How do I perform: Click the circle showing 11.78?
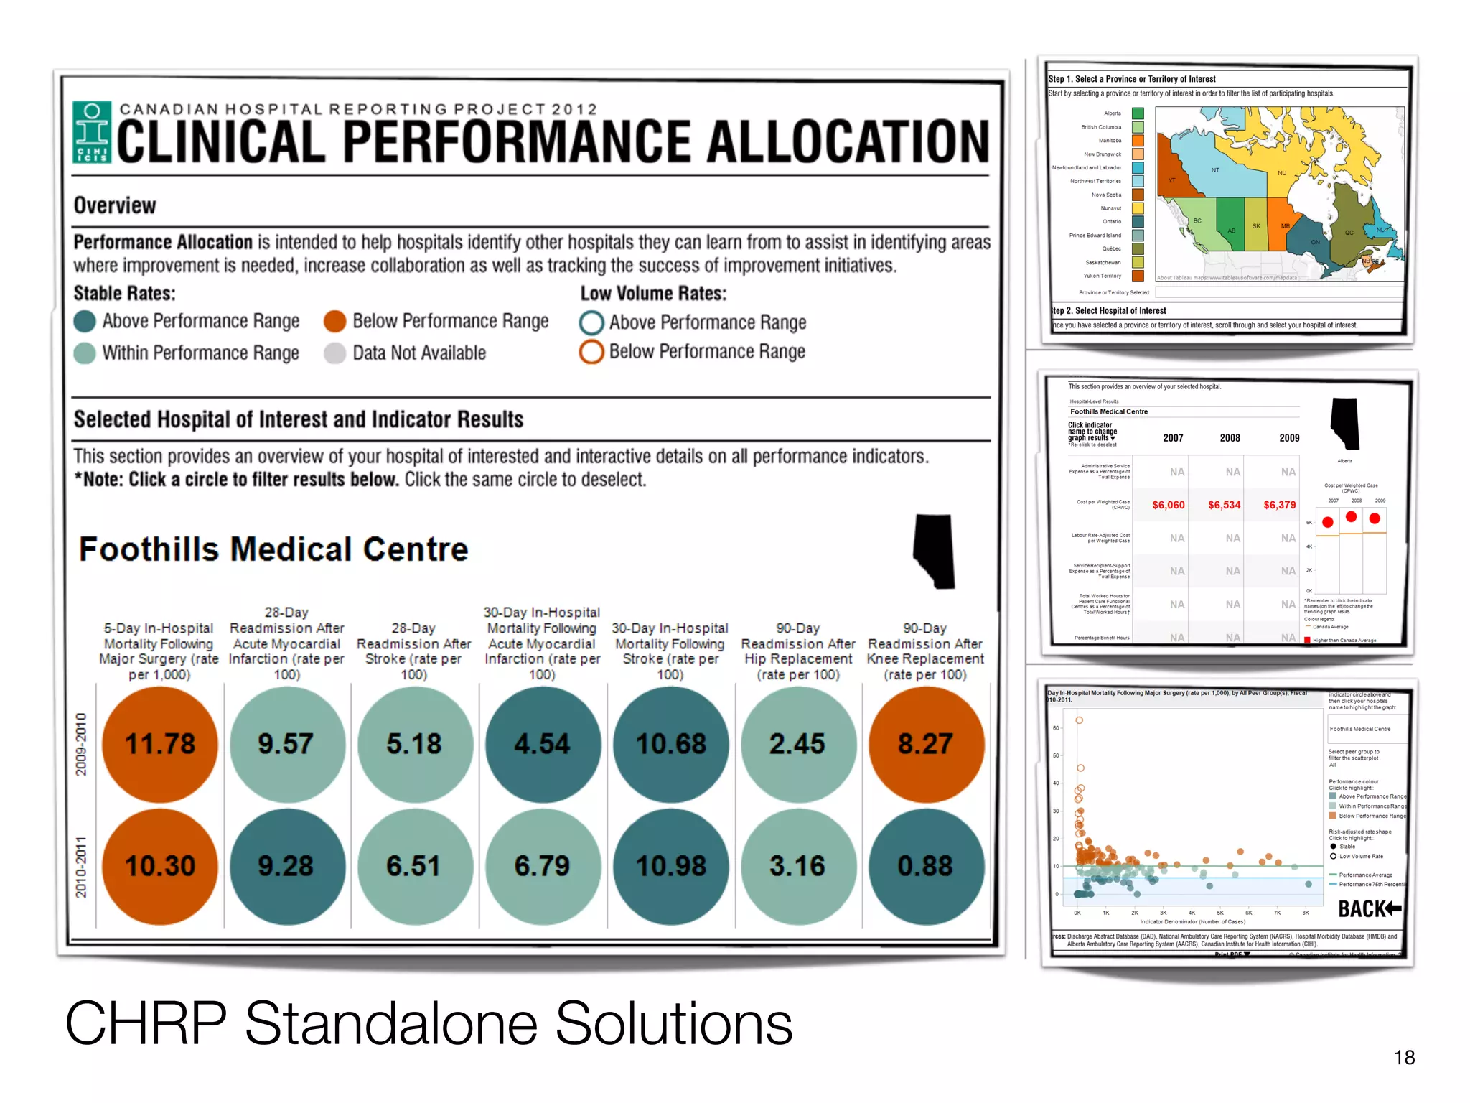[159, 744]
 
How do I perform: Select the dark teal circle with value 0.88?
[925, 866]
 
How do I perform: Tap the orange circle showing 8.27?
[925, 744]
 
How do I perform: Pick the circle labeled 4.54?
[542, 744]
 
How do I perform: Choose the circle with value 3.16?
[797, 866]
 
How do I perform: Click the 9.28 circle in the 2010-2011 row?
[286, 866]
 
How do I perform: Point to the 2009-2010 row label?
[81, 744]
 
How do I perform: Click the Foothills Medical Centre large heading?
[273, 549]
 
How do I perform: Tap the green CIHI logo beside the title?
[93, 132]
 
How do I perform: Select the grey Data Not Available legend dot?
[335, 353]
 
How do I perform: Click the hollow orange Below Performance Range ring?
[591, 352]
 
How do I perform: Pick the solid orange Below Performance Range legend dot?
[335, 321]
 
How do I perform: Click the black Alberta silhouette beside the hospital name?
[935, 551]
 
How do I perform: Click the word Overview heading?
[115, 205]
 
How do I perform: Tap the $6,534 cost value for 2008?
[1224, 505]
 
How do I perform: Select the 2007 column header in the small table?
[1173, 438]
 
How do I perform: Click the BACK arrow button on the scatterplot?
[1370, 909]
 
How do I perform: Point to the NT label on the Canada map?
[1215, 170]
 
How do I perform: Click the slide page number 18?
[1404, 1057]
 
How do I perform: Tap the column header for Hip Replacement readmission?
[797, 651]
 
